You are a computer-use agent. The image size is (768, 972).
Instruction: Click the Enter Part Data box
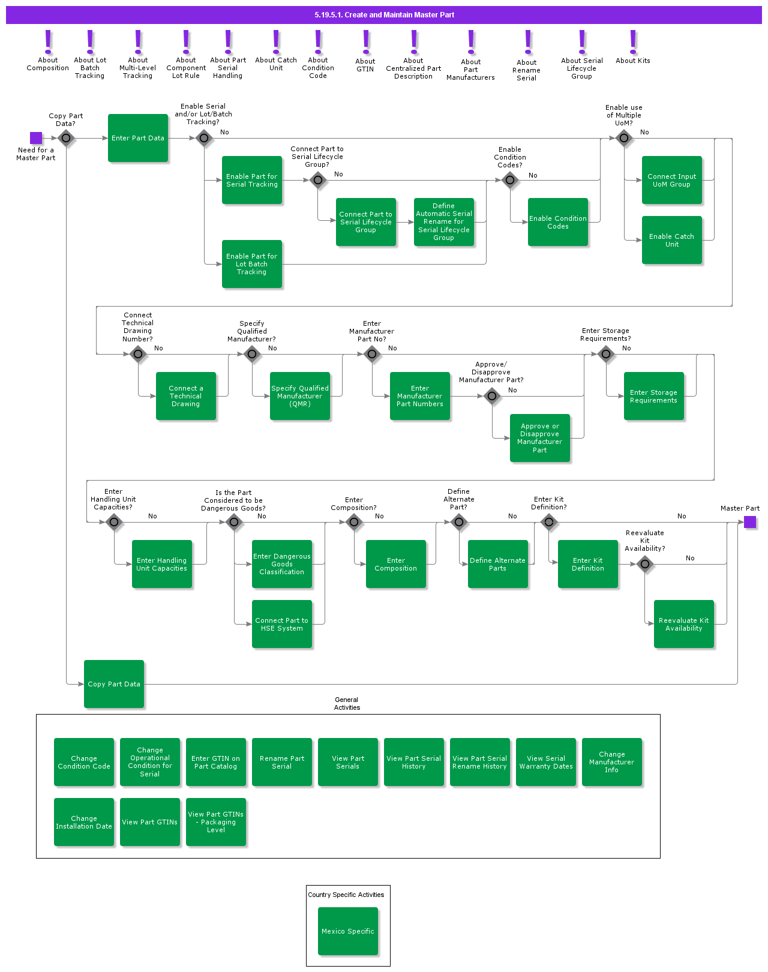(138, 138)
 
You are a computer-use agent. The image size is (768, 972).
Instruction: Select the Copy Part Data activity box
(114, 684)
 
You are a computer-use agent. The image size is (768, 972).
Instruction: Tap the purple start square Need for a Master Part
(36, 138)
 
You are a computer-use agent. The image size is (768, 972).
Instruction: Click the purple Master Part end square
(750, 522)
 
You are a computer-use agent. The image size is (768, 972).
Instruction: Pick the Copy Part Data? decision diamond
(66, 138)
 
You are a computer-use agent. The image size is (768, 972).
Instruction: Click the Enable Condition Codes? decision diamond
(510, 179)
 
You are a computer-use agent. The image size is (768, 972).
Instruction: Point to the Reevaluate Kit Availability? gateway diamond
(645, 564)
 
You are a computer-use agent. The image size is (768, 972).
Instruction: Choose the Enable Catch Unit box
(672, 240)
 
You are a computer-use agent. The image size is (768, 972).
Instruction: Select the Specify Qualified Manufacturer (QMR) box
(300, 396)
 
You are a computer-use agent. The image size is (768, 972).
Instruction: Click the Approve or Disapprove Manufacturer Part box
(540, 438)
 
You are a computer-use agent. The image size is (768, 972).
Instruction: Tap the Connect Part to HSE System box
(282, 624)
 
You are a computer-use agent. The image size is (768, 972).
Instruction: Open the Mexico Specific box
(348, 931)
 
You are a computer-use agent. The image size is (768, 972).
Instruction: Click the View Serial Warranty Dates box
(546, 762)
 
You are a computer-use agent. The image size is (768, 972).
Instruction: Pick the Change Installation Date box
(84, 822)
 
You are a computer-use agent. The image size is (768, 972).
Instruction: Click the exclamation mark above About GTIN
(366, 42)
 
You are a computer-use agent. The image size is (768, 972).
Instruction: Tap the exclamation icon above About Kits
(633, 42)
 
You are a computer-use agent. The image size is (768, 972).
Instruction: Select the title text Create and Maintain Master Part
(384, 15)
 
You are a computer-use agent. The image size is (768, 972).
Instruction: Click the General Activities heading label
(347, 704)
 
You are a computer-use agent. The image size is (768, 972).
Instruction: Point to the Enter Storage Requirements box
(654, 396)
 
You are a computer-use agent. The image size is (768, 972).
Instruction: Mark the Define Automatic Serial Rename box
(444, 222)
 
